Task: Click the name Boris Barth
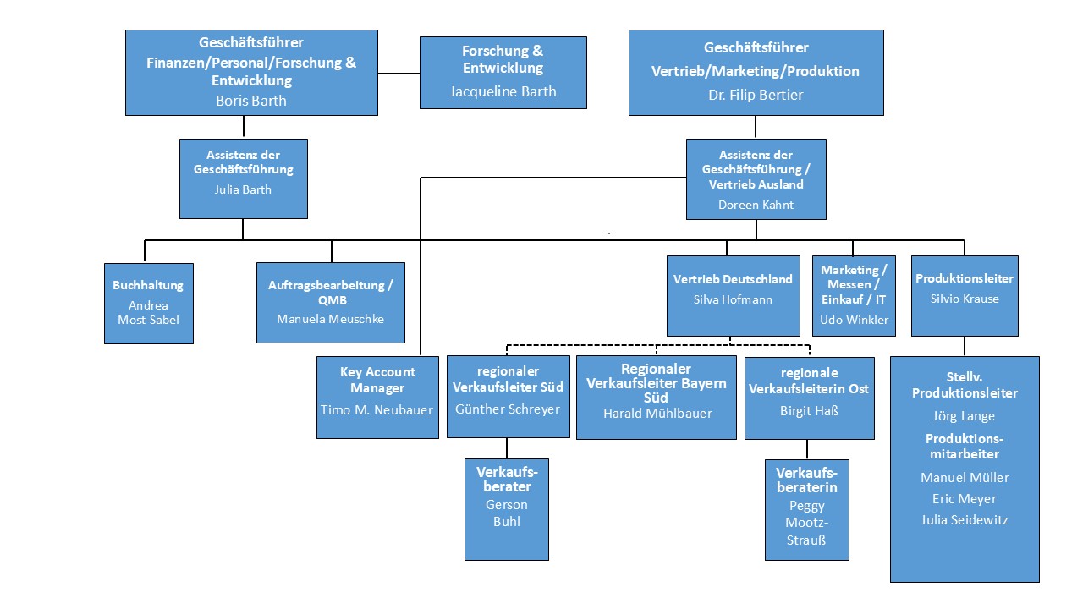tap(251, 101)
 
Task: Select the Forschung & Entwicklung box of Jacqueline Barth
tap(503, 73)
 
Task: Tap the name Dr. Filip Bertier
tap(756, 95)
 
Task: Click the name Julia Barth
tap(243, 189)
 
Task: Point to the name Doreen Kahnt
tap(756, 205)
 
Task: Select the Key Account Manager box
tap(377, 397)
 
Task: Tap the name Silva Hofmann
tap(733, 299)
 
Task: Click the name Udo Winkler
tap(854, 320)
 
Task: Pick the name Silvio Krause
tap(964, 299)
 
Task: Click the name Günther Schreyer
tap(507, 409)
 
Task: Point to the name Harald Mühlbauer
tap(657, 414)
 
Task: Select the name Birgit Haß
tap(808, 410)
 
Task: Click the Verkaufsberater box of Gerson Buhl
tap(506, 509)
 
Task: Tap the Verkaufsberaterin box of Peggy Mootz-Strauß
tap(806, 509)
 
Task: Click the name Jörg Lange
tap(964, 416)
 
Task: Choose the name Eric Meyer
tap(964, 499)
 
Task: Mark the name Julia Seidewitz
tap(964, 519)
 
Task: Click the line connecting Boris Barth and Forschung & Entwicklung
tap(399, 74)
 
